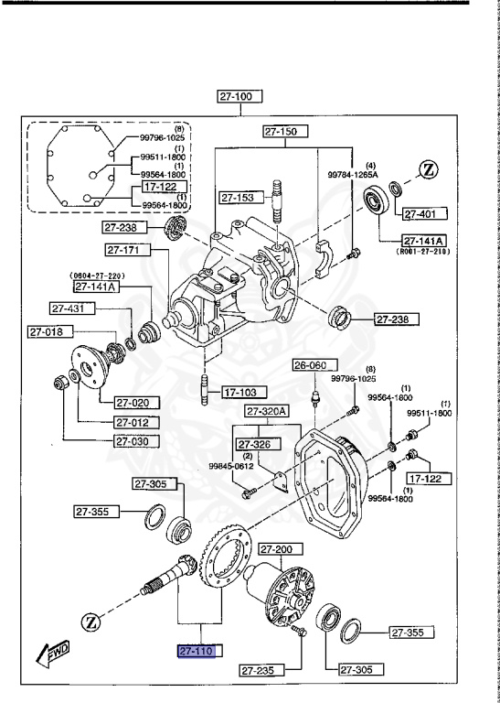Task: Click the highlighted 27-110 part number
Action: click(x=200, y=651)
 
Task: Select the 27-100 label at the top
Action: click(x=240, y=95)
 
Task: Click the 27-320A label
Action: click(x=265, y=411)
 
